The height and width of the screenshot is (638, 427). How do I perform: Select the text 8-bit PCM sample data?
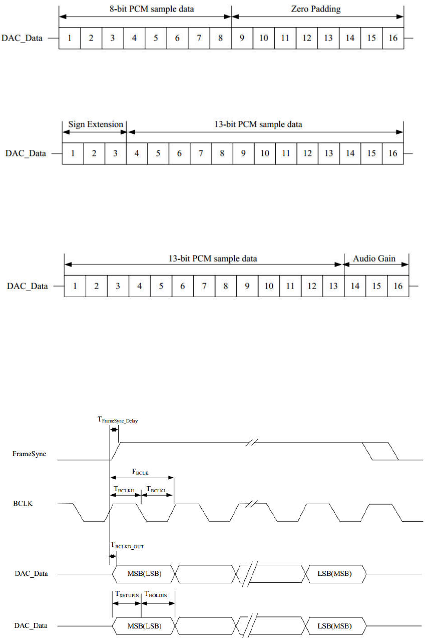point(145,10)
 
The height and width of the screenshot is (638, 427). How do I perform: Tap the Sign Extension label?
point(95,124)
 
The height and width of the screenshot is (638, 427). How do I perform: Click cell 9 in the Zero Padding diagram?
point(242,38)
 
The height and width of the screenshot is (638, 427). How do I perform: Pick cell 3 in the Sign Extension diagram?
point(116,153)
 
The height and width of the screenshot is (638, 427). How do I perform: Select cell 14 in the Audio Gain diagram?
point(355,287)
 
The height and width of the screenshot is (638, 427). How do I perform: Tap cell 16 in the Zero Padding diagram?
point(393,38)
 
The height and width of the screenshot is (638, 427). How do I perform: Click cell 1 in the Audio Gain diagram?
point(75,287)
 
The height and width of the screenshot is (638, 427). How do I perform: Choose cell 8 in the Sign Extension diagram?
point(222,153)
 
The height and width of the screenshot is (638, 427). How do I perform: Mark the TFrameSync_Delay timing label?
point(118,420)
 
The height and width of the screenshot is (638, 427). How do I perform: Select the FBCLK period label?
point(141,472)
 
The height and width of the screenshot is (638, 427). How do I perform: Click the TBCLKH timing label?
point(124,490)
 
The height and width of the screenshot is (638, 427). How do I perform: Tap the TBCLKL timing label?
point(156,490)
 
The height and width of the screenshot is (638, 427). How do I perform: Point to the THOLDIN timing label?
point(158,593)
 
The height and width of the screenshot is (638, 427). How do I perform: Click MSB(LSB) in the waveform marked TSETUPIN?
point(144,626)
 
